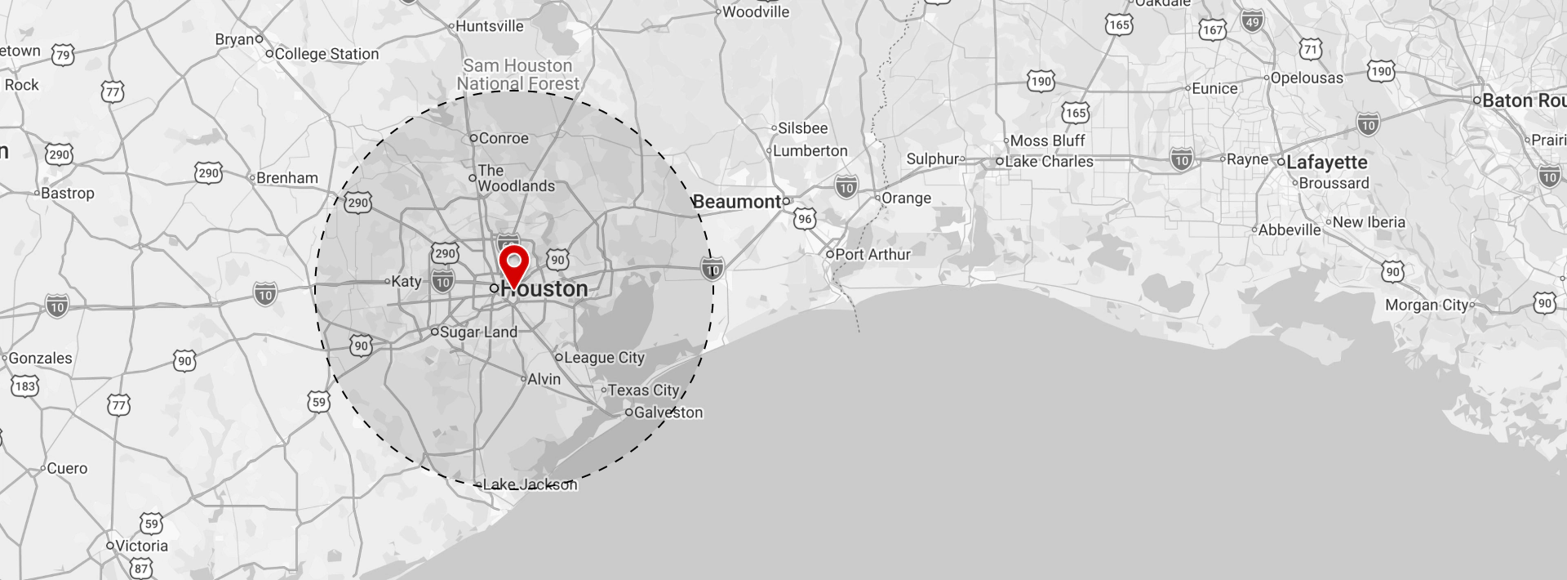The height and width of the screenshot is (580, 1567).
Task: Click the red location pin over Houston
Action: (514, 267)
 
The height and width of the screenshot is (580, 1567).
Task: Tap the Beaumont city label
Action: (737, 202)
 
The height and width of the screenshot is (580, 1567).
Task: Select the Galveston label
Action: (668, 413)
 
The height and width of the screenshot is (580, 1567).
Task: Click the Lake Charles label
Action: (1049, 162)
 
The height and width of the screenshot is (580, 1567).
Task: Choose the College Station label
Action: (326, 54)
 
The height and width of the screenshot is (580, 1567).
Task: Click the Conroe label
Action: (503, 138)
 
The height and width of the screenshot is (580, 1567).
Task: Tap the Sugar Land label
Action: (478, 332)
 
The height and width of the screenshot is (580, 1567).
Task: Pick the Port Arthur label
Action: (872, 254)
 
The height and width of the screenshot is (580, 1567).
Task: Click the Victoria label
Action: (141, 546)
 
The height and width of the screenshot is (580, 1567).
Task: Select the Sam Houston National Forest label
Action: (517, 74)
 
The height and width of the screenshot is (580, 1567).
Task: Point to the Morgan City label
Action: (1427, 305)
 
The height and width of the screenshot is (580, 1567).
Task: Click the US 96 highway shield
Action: (806, 219)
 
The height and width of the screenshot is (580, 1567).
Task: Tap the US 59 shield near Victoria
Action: (151, 524)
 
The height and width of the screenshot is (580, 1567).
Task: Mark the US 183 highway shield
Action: (24, 386)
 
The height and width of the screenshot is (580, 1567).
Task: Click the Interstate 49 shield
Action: (1253, 22)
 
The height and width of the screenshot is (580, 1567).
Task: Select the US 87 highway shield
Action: (141, 568)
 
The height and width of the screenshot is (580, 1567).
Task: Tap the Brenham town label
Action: (286, 178)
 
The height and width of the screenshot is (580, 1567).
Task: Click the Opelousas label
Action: (1307, 78)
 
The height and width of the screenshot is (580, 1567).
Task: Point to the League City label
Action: (604, 358)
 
